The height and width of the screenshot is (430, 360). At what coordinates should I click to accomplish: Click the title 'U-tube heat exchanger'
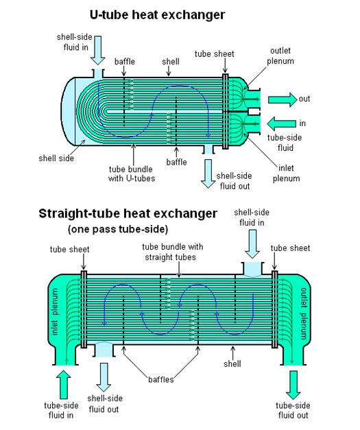(158, 15)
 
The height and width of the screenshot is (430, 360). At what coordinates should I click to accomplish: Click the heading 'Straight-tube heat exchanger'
(128, 214)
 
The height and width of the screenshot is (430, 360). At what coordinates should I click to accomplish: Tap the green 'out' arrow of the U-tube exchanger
(283, 99)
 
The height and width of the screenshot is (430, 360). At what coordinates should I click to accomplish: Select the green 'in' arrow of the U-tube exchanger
(282, 123)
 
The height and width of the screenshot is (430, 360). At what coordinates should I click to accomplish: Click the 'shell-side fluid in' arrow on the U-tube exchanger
(97, 51)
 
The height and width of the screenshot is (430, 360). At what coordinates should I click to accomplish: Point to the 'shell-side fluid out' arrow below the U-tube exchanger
(208, 174)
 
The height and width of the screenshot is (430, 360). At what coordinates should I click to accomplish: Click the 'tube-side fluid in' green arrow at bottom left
(63, 384)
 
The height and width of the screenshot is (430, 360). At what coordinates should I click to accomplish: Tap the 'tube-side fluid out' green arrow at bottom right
(293, 385)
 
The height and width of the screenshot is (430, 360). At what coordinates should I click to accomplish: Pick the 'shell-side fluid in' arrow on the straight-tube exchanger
(252, 243)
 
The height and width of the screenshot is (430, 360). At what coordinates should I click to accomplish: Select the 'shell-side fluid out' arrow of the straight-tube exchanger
(104, 377)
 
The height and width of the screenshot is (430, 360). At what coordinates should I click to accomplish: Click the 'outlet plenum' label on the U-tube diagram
(280, 56)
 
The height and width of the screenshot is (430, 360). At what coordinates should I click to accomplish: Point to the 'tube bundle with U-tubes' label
(132, 174)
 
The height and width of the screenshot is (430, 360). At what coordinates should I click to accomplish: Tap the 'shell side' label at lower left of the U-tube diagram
(56, 158)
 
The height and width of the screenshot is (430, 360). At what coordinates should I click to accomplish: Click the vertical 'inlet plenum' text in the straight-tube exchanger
(55, 311)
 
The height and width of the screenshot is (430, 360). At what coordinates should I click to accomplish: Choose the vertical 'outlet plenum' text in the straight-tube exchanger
(304, 313)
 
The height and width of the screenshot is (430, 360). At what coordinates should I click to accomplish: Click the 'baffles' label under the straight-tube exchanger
(161, 379)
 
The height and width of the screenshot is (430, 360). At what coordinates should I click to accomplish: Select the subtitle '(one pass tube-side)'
(118, 229)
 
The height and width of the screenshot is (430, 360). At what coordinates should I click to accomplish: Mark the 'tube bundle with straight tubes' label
(173, 252)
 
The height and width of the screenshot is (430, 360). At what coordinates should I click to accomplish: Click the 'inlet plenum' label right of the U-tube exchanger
(286, 173)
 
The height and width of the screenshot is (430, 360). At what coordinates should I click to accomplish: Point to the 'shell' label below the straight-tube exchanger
(232, 364)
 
